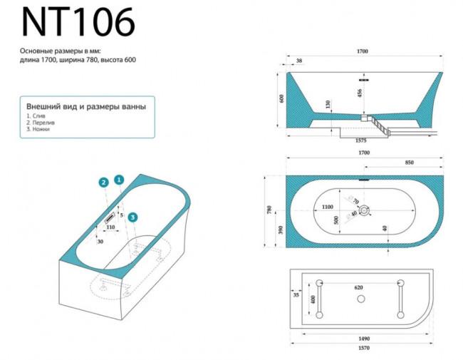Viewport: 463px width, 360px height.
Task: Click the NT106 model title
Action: coord(78,23)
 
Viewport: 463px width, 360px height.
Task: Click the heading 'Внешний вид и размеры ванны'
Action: coord(86,106)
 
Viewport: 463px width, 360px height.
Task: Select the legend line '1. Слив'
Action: coord(36,115)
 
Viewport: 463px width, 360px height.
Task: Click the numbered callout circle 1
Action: coord(119,180)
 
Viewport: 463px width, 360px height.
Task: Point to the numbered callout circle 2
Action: coord(104,182)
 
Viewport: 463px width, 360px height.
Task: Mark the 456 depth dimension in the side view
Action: coord(359,92)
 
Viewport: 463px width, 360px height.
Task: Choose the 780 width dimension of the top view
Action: coord(269,210)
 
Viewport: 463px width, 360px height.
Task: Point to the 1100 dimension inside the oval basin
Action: coord(326,206)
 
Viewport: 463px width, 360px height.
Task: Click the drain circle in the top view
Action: coord(364,210)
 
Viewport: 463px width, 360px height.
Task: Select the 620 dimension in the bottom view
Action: coord(360,288)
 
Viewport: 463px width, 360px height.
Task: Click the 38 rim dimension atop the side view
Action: coord(299,61)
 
